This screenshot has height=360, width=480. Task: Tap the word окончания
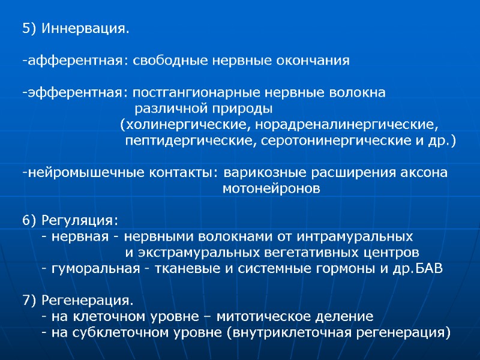[314, 61]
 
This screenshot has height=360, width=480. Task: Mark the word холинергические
[187, 125]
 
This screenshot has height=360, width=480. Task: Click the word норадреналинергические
[345, 125]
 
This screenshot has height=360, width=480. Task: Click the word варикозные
[261, 173]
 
